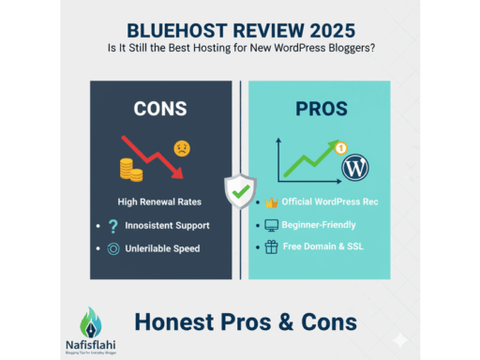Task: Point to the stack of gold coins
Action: coord(130,170)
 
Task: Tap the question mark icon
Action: coord(114,226)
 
